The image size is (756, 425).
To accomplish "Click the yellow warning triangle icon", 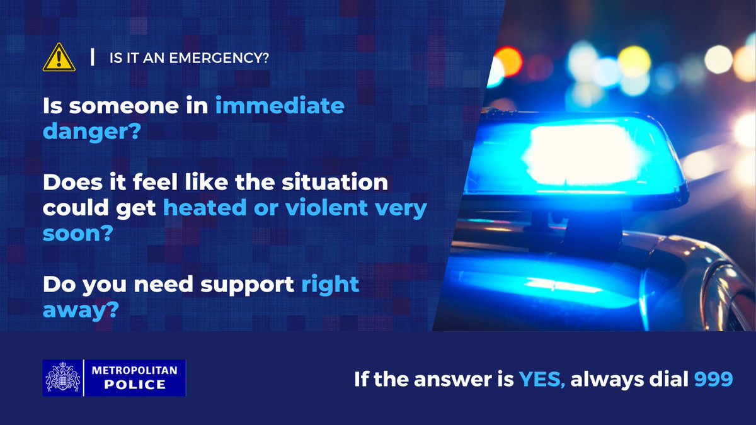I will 58,58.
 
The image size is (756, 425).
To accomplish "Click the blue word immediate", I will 280,106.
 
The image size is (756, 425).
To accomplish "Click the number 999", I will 713,379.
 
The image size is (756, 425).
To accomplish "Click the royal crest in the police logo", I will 62,378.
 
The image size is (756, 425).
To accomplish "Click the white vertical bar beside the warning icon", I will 93,58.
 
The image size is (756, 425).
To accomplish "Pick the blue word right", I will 329,284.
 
